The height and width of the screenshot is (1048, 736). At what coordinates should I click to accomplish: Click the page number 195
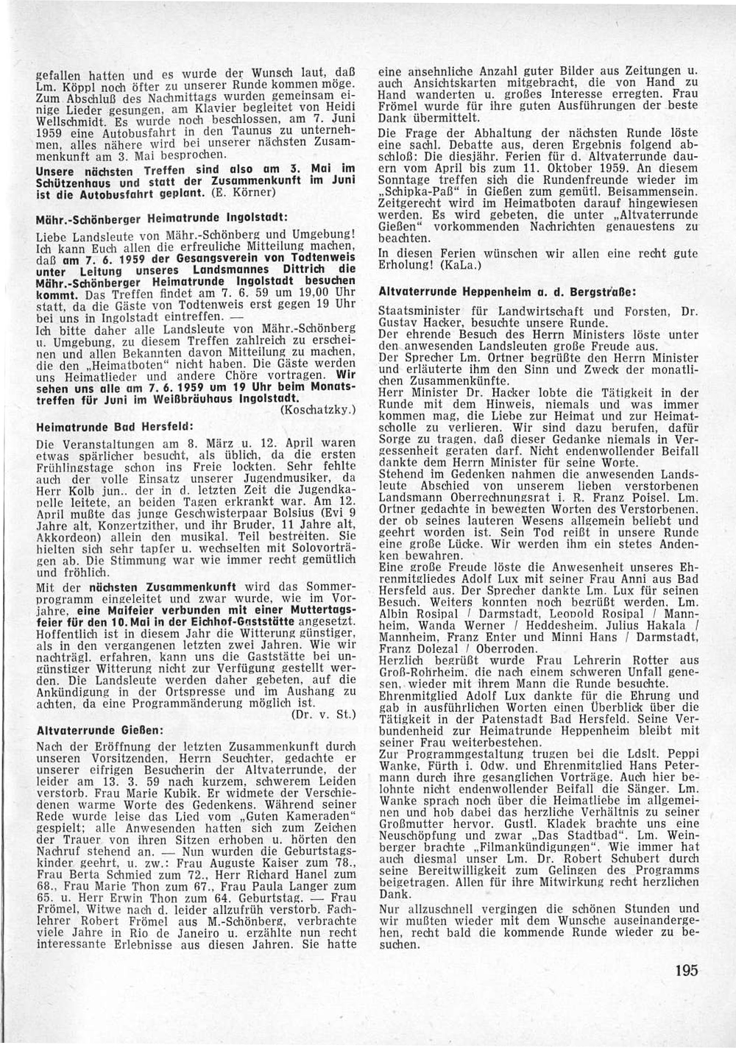684,970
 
